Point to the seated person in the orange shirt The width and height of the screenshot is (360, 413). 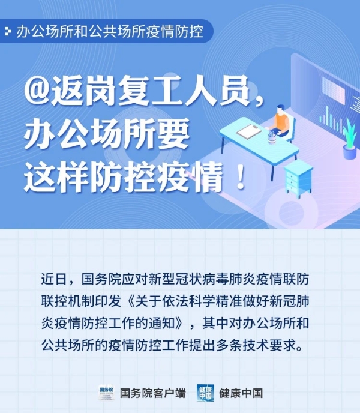280,122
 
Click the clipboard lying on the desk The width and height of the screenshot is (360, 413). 249,131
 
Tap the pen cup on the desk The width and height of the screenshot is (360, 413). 272,137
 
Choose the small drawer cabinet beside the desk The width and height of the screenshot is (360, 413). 298,178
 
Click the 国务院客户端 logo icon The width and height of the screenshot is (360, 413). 106,393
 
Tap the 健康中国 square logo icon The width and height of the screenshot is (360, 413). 205,393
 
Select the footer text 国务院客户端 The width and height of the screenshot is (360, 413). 153,393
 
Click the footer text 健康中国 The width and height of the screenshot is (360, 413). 241,393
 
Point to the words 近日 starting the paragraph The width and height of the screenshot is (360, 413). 54,279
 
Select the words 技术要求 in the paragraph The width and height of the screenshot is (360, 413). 269,345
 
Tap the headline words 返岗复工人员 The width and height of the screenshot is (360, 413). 151,90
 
